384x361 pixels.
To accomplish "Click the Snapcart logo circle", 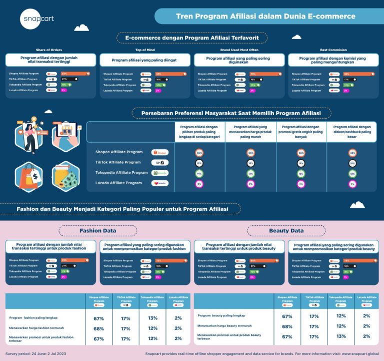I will (x=37, y=19).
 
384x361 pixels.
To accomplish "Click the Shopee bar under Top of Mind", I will (x=170, y=74).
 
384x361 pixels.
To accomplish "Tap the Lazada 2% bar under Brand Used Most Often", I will (x=253, y=91).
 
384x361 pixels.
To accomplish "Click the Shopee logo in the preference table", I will (x=160, y=152).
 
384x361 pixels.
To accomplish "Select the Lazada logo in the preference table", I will (x=160, y=183).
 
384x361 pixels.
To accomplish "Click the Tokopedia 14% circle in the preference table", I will (x=199, y=173).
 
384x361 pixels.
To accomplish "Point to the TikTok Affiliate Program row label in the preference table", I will (x=118, y=162).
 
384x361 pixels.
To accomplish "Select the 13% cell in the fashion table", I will (x=153, y=318).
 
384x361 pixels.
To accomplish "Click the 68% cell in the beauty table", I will (x=287, y=326).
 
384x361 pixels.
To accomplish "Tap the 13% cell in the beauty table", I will (x=341, y=336).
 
